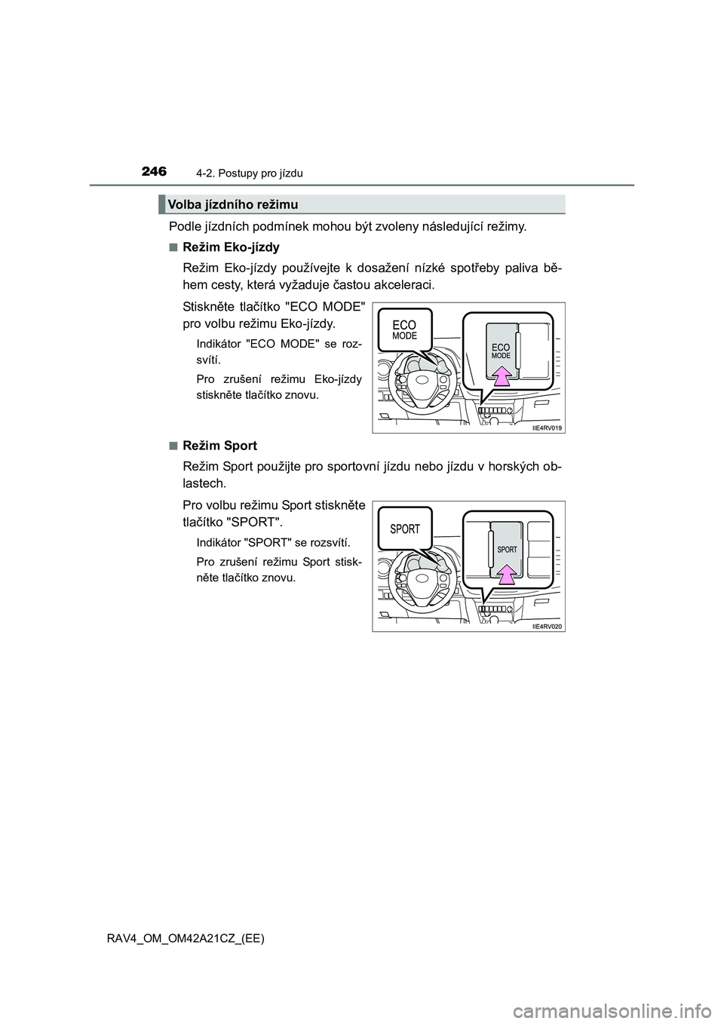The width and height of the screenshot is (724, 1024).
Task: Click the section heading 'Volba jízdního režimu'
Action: pyautogui.click(x=233, y=204)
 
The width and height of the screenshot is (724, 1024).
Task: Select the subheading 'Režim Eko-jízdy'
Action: pyautogui.click(x=231, y=247)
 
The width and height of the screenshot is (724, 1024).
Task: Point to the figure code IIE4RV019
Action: pyautogui.click(x=547, y=428)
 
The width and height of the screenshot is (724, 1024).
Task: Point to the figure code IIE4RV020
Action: pyautogui.click(x=547, y=626)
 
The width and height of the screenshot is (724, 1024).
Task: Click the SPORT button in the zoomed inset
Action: pyautogui.click(x=507, y=549)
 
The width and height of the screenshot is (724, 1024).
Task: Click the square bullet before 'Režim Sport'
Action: pyautogui.click(x=173, y=446)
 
